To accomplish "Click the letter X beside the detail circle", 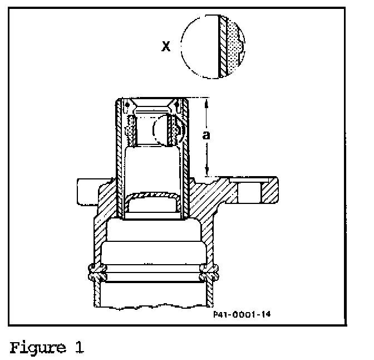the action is coord(165,46).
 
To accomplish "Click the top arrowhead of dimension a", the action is coord(206,103).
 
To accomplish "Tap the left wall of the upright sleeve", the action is coord(119,162).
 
